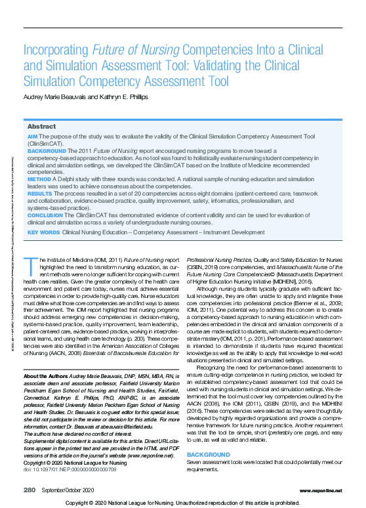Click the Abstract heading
tap(41, 126)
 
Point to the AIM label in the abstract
tap(32, 136)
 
